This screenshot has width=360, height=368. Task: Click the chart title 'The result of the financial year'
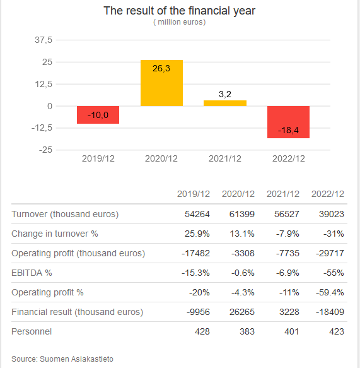[180, 11]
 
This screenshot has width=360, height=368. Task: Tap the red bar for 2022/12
[288, 122]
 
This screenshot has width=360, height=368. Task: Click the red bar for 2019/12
[98, 115]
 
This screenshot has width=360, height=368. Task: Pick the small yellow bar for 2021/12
[225, 103]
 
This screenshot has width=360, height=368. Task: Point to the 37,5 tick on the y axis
[43, 40]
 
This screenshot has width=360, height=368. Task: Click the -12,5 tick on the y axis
[41, 128]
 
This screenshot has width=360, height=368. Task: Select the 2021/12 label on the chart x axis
[225, 158]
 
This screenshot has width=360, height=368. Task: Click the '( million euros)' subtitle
[180, 22]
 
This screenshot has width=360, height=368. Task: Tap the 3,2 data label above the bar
[225, 94]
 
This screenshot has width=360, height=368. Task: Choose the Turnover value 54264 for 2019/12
[197, 214]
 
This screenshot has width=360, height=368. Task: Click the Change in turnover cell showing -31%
[333, 234]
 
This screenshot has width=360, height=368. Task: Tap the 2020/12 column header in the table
[238, 194]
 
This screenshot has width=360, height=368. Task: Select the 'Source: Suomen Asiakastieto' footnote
[62, 359]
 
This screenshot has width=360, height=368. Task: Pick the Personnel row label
[32, 331]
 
